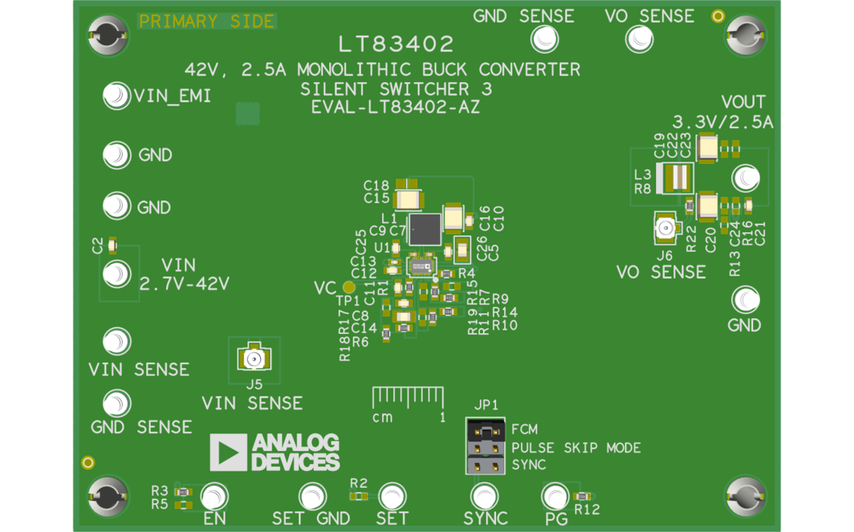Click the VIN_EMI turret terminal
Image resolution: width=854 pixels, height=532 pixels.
[x=116, y=96]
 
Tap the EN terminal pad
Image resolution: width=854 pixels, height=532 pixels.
[x=214, y=496]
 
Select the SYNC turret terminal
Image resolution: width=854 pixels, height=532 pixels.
[x=485, y=496]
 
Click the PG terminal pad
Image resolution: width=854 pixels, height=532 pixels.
[x=555, y=496]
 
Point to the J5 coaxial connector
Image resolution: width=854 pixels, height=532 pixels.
[x=252, y=359]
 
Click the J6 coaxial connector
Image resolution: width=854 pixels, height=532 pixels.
[x=665, y=229]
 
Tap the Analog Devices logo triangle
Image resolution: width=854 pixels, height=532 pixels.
[x=228, y=452]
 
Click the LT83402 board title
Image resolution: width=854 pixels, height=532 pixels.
[x=396, y=44]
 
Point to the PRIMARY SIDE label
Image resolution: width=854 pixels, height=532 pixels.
[x=206, y=22]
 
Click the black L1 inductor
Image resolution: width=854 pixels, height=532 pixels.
[x=424, y=229]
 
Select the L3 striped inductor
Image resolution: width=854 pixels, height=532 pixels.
[x=678, y=178]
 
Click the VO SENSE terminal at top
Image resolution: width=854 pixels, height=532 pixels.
[x=639, y=38]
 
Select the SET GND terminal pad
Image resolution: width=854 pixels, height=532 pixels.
[x=312, y=496]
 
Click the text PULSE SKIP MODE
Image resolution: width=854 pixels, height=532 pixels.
[x=575, y=447]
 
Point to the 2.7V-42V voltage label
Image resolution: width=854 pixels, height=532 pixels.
[x=184, y=283]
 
